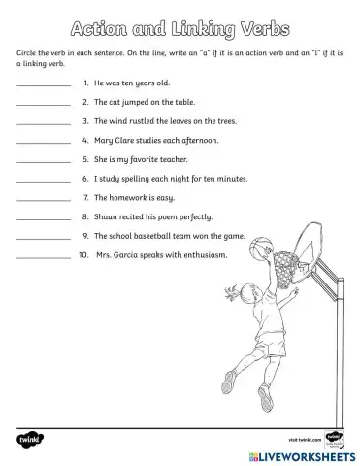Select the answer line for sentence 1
click(x=44, y=86)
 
